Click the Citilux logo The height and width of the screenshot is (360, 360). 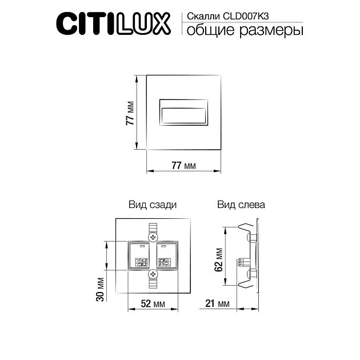[x=112, y=23]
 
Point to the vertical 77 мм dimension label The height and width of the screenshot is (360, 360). [x=130, y=113]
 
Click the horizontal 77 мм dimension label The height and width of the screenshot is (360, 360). [x=183, y=166]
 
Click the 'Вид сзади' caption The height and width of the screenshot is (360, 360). [x=152, y=204]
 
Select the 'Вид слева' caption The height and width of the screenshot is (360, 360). [x=240, y=204]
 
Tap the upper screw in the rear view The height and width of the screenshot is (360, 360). [x=153, y=236]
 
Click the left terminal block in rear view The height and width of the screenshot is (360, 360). [x=139, y=255]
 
